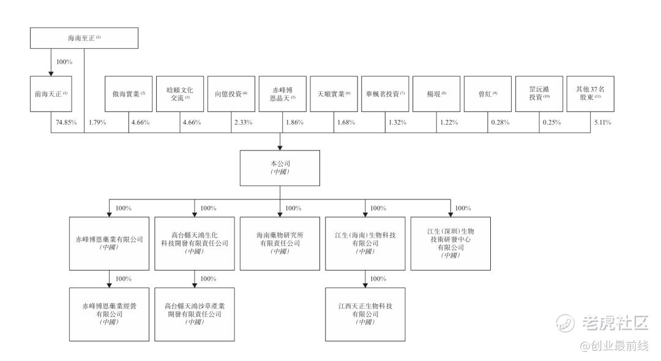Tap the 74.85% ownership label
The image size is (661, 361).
66,122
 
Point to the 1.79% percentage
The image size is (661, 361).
97,122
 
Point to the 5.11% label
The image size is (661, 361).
602,122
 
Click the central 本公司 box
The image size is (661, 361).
280,168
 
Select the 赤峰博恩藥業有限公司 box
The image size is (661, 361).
110,244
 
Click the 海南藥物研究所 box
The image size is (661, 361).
280,244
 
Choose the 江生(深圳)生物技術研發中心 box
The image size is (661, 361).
450,244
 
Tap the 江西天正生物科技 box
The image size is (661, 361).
365,314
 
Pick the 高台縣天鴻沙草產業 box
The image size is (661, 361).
195,314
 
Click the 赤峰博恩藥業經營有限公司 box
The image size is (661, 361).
110,314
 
